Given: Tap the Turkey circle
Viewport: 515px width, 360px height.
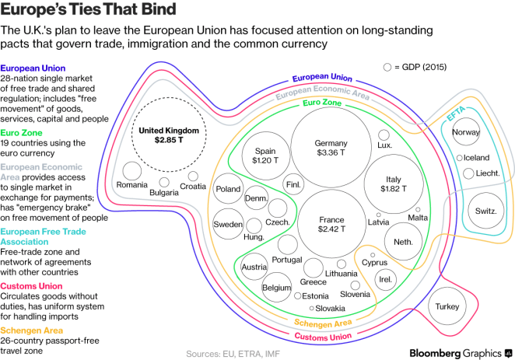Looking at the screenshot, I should click(449, 306).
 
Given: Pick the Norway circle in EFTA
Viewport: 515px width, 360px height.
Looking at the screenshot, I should click(465, 132).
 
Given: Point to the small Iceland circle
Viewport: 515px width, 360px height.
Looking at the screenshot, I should click(460, 158).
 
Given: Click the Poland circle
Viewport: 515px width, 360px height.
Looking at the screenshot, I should click(229, 189).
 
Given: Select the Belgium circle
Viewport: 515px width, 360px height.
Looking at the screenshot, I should click(276, 287).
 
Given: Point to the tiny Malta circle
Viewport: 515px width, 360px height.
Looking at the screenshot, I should click(418, 208).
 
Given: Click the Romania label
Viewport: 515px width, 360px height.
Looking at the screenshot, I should click(131, 185).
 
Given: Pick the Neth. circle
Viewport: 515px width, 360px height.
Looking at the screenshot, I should click(403, 241).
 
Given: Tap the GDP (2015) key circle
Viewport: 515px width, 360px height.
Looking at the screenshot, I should click(387, 68).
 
